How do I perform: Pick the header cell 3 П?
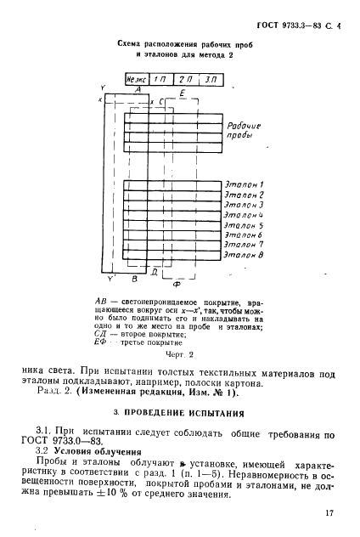coord(210,79)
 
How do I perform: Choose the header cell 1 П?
coord(159,79)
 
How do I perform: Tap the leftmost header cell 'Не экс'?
coord(137,79)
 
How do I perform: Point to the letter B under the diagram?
coord(133,278)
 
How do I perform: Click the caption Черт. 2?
coord(179,353)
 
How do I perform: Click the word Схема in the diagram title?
coord(132,42)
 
